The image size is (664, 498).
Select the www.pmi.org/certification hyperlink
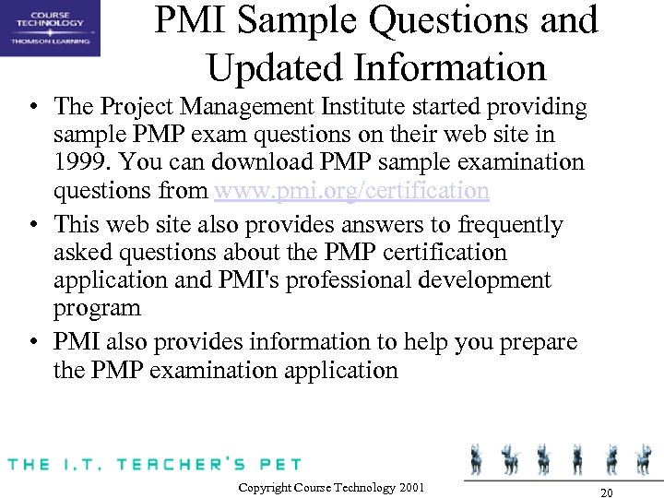tap(351, 191)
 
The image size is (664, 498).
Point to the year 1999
tap(81, 163)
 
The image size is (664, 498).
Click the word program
tap(97, 307)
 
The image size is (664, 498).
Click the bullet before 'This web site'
tap(33, 225)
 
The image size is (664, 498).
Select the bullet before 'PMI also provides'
tap(33, 343)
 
